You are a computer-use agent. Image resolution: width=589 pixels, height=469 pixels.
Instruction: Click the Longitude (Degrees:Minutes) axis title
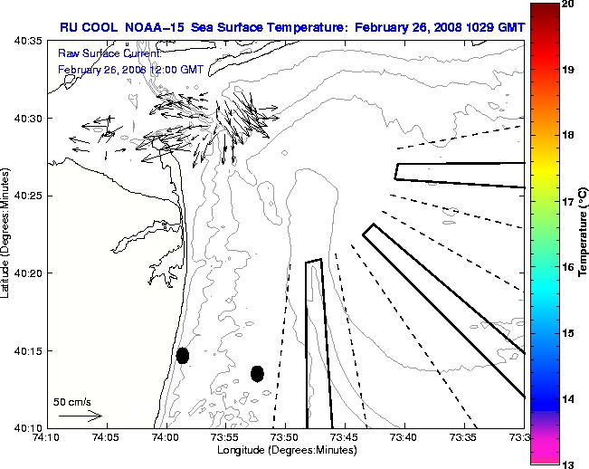(285, 450)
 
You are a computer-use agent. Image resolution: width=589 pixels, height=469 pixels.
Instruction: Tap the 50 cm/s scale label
(72, 401)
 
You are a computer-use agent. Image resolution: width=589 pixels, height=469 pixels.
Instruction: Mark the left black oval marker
(183, 355)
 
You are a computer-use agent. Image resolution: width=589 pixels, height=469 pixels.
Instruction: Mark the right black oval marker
(257, 373)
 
